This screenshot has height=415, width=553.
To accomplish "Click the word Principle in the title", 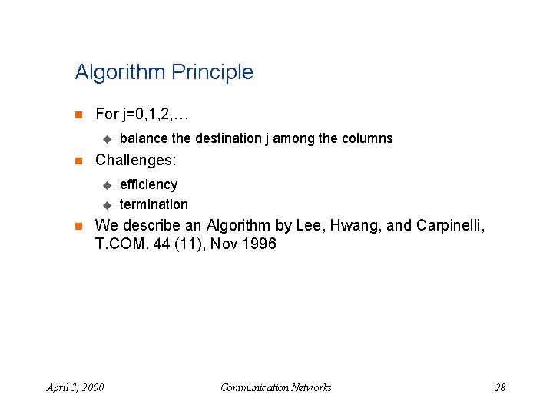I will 213,73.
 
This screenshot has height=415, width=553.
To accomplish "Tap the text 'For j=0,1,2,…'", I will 141,115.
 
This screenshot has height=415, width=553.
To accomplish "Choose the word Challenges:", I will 135,161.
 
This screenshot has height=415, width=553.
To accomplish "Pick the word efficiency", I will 148,184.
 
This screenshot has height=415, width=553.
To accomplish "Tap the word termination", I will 154,204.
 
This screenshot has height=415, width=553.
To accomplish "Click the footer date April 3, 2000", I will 75,387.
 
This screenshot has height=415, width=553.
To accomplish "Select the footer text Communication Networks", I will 276,387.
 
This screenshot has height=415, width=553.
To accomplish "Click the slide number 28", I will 500,387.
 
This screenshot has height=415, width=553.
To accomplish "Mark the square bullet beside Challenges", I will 78,161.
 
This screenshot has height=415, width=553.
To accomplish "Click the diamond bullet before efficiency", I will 107,184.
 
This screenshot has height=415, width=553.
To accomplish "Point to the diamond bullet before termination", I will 107,204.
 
